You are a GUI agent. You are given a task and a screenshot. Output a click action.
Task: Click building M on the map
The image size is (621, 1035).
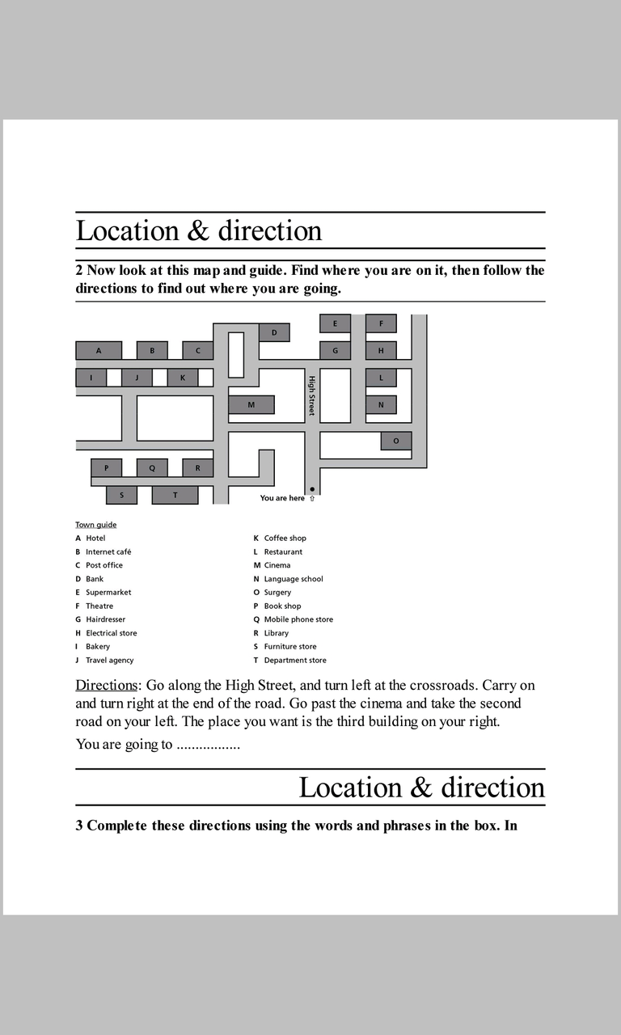pyautogui.click(x=251, y=404)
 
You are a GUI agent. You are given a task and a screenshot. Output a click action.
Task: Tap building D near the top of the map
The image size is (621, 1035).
pyautogui.click(x=274, y=332)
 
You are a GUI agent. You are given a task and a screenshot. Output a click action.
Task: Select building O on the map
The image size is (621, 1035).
pyautogui.click(x=396, y=441)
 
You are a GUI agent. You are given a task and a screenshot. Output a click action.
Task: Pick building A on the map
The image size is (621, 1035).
pyautogui.click(x=99, y=351)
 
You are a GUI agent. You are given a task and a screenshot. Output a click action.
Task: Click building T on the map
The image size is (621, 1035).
pyautogui.click(x=175, y=495)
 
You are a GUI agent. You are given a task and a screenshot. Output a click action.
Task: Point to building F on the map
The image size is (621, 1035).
pyautogui.click(x=382, y=323)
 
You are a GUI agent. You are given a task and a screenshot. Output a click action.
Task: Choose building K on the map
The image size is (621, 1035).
pyautogui.click(x=183, y=378)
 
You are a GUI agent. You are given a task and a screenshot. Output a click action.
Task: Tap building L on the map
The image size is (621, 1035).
pyautogui.click(x=382, y=378)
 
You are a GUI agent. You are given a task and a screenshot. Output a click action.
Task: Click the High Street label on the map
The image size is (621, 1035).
pyautogui.click(x=311, y=395)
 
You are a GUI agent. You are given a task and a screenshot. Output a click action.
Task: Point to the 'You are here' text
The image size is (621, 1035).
pyautogui.click(x=282, y=498)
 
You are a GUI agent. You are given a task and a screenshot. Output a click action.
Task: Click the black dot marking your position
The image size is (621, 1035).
pyautogui.click(x=312, y=489)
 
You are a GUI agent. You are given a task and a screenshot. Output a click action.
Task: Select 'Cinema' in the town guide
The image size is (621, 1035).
pyautogui.click(x=277, y=565)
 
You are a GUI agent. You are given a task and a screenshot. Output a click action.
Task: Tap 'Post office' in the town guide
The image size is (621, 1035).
pyautogui.click(x=104, y=565)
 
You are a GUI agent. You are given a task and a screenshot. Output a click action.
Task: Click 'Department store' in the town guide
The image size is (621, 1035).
pyautogui.click(x=295, y=660)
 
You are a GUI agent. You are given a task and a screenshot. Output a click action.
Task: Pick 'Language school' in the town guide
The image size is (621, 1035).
pyautogui.click(x=294, y=579)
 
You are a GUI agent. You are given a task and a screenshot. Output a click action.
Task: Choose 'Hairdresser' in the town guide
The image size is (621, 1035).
pyautogui.click(x=106, y=619)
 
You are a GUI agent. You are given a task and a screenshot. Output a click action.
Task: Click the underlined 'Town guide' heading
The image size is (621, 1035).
pyautogui.click(x=96, y=525)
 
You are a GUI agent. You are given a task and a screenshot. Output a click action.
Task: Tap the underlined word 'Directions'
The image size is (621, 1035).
pyautogui.click(x=106, y=686)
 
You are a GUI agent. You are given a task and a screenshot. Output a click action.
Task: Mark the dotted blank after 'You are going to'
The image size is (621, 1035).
pyautogui.click(x=208, y=745)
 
